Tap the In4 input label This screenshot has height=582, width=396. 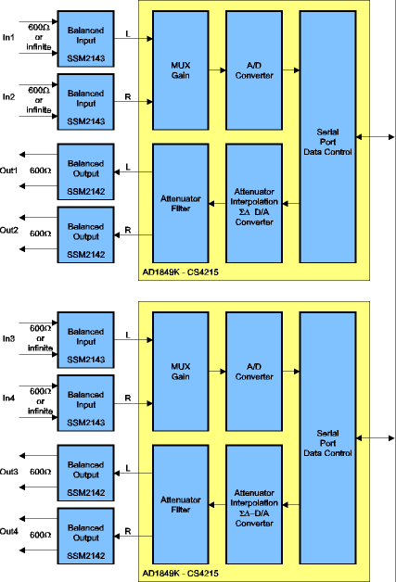[x=8, y=399]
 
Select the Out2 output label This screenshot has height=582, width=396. [x=9, y=230]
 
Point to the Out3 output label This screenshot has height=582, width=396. [x=9, y=472]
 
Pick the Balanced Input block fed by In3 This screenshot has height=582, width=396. [x=86, y=338]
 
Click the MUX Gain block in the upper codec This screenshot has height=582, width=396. [x=181, y=70]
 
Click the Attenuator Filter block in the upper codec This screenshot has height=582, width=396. [x=181, y=203]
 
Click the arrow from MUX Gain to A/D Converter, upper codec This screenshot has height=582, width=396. [x=219, y=70]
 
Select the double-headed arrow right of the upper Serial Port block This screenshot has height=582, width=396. [x=379, y=136]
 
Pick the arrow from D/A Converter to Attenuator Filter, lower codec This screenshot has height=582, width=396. [x=219, y=506]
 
